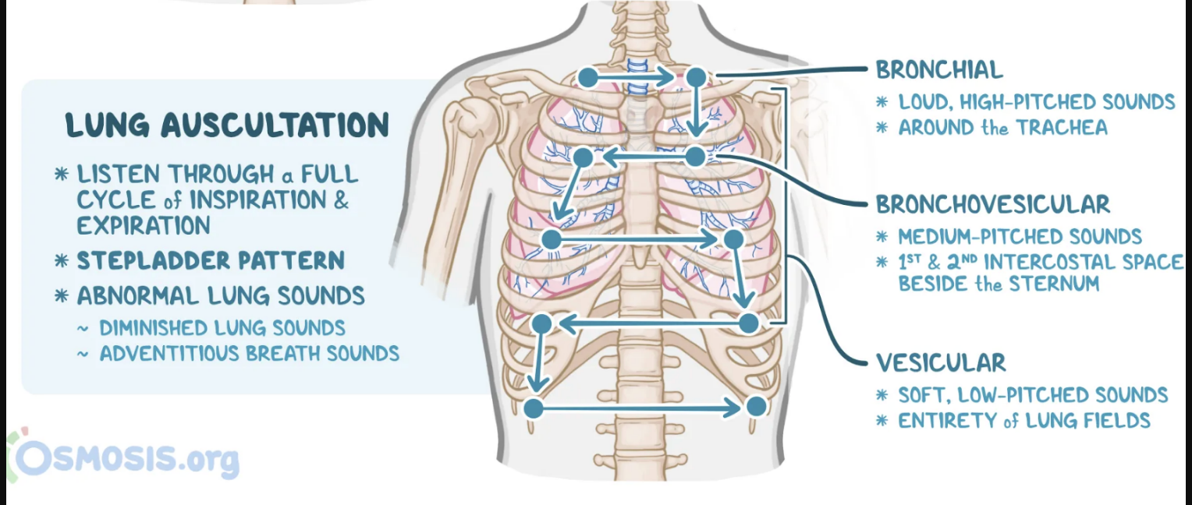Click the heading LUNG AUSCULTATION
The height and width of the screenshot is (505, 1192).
pos(227,125)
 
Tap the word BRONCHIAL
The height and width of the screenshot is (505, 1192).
pos(939,69)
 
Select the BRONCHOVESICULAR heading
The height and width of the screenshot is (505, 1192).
pos(992,204)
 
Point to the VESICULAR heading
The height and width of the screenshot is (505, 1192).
pos(941,362)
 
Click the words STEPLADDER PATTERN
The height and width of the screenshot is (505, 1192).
pos(211,260)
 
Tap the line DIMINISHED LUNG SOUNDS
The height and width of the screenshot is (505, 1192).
pos(222,328)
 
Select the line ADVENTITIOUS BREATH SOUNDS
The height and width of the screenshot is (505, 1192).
pos(249,354)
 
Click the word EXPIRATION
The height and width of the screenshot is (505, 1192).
pos(144,226)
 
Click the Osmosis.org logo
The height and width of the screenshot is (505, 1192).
pos(125,459)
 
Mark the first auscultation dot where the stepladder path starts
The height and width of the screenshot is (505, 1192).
pos(588,77)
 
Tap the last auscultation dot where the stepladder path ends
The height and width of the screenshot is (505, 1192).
pos(755,406)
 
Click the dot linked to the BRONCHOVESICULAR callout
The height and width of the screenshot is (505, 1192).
pos(696,157)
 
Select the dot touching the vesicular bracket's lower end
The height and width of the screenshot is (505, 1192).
pos(749,323)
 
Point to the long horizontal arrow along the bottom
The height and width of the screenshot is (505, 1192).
pos(644,408)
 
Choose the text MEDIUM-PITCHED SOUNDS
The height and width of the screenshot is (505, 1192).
pos(1020,237)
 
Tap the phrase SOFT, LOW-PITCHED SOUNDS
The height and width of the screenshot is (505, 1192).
pos(1033,395)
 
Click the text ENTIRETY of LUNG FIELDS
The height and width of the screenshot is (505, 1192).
pos(1024,421)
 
